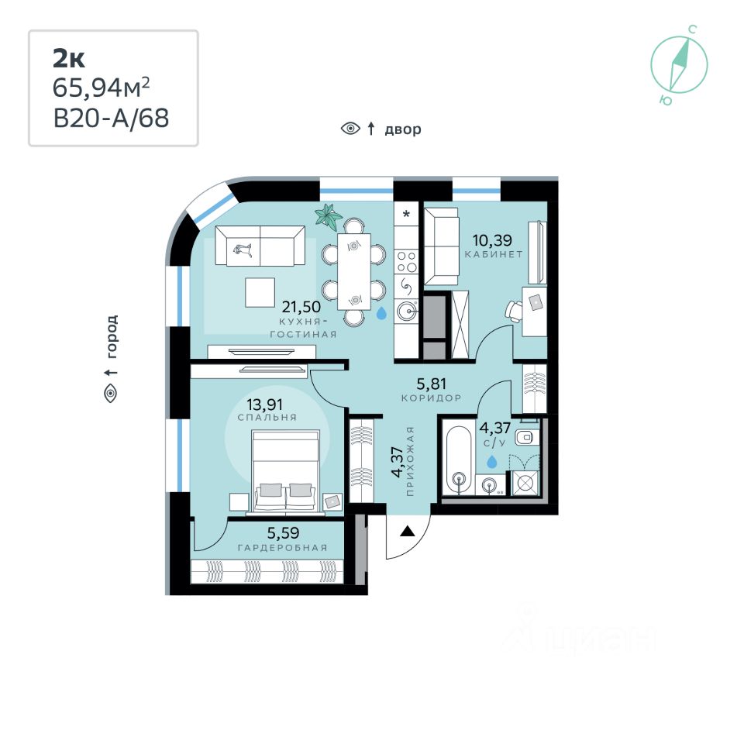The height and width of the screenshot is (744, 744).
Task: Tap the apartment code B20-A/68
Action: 111,118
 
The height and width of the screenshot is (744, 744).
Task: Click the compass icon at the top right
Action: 679,64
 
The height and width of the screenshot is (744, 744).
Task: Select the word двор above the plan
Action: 402,129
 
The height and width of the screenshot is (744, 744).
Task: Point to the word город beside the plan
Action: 111,336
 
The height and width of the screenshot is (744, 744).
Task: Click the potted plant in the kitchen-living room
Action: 329,217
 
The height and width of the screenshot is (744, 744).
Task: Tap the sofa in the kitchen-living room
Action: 260,245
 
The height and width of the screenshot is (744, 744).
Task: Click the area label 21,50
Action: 301,307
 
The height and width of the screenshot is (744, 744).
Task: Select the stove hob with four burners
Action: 407,262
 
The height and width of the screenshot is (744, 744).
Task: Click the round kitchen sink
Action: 407,312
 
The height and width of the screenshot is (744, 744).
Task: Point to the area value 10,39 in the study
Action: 493,240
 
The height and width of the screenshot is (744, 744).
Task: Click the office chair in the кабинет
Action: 514,312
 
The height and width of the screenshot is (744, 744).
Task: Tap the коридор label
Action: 432,398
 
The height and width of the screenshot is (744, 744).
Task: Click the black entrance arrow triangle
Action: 407,531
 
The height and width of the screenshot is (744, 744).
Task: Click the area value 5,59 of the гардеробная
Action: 283,533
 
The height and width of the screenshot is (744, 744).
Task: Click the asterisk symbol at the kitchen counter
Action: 407,214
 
